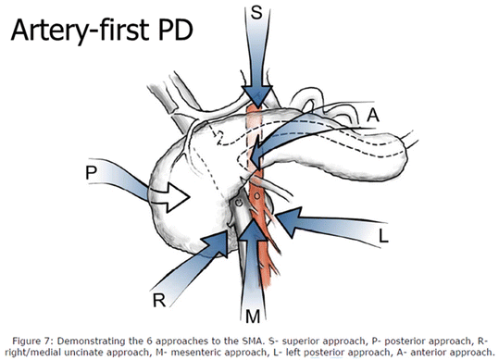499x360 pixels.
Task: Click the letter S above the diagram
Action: pos(258,13)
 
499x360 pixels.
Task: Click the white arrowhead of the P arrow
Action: pos(177,196)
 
